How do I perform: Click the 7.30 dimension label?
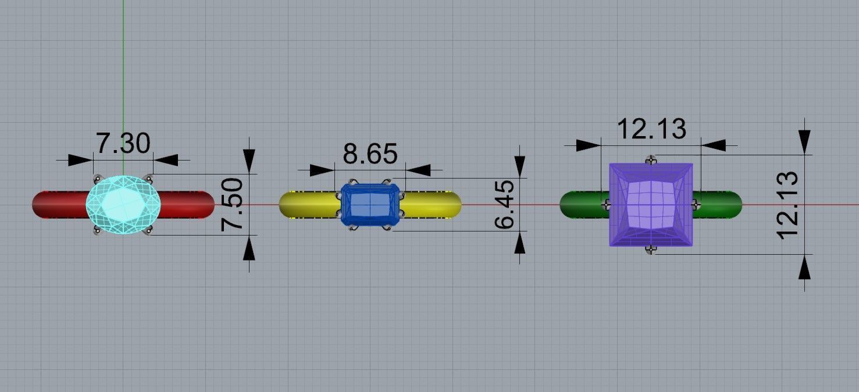click(x=123, y=143)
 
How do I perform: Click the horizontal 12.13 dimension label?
click(x=651, y=129)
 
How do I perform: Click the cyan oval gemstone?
click(x=122, y=204)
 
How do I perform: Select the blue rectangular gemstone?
click(x=370, y=205)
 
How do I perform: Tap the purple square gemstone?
click(x=651, y=205)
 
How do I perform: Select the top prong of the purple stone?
click(x=651, y=159)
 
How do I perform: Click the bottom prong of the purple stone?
click(x=651, y=250)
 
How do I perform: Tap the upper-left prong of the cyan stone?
click(x=97, y=177)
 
